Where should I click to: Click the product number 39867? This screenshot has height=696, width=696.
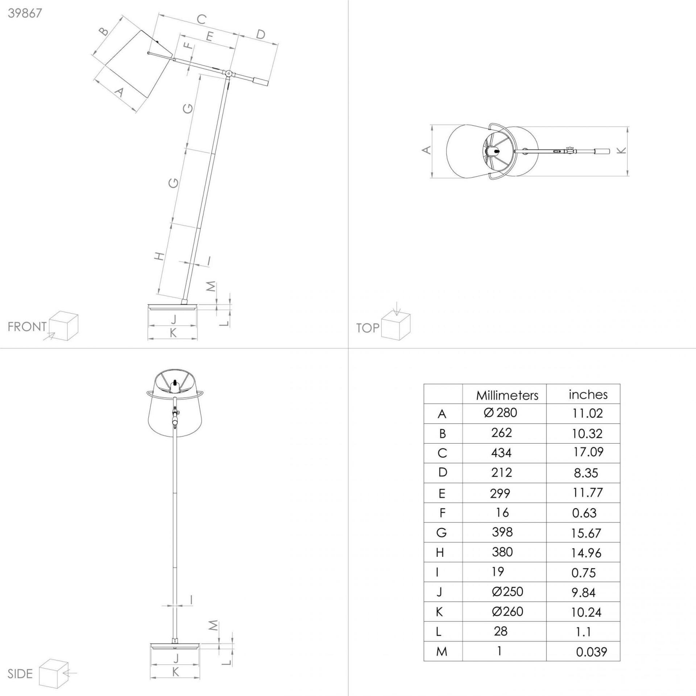coord(25,13)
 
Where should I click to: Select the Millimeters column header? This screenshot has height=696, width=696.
coord(507,395)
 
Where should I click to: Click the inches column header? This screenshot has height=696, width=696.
coord(588,394)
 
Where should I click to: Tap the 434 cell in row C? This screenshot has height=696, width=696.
coord(502,453)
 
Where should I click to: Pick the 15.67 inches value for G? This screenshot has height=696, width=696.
coord(586,533)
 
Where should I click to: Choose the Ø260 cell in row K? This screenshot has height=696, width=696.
coord(507,612)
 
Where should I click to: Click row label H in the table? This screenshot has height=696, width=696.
coord(440,553)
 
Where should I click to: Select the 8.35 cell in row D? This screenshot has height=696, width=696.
coord(586,473)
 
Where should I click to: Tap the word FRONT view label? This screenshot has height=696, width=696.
coord(27,327)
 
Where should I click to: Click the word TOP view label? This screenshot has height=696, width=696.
coord(368,328)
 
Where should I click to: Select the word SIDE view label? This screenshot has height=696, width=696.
coord(20,674)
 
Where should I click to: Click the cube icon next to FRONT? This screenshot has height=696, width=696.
coord(63,326)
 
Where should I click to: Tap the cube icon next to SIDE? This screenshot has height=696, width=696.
coord(54,674)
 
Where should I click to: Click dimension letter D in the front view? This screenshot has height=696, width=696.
coord(260,34)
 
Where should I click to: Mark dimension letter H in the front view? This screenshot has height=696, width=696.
coord(159,256)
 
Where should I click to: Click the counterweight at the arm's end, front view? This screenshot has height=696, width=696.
coord(261,81)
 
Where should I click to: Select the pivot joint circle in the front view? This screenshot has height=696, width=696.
coord(228,74)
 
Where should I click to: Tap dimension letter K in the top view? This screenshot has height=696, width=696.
coord(621,150)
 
